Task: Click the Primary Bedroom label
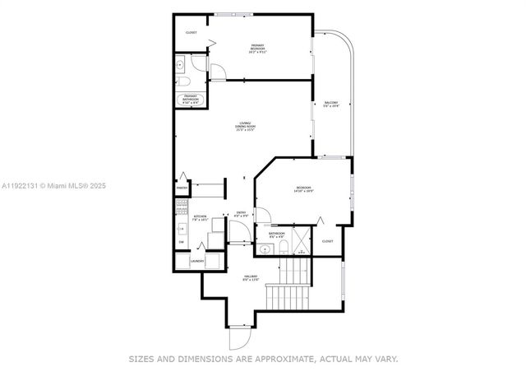(x=259, y=49)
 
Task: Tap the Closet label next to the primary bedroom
(x=191, y=33)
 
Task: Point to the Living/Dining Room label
(x=245, y=127)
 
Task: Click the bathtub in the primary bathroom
(x=190, y=100)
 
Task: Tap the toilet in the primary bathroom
(x=186, y=81)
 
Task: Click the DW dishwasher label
(x=181, y=241)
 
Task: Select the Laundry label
(x=196, y=262)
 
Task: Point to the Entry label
(x=242, y=214)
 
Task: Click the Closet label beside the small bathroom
(x=327, y=241)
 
